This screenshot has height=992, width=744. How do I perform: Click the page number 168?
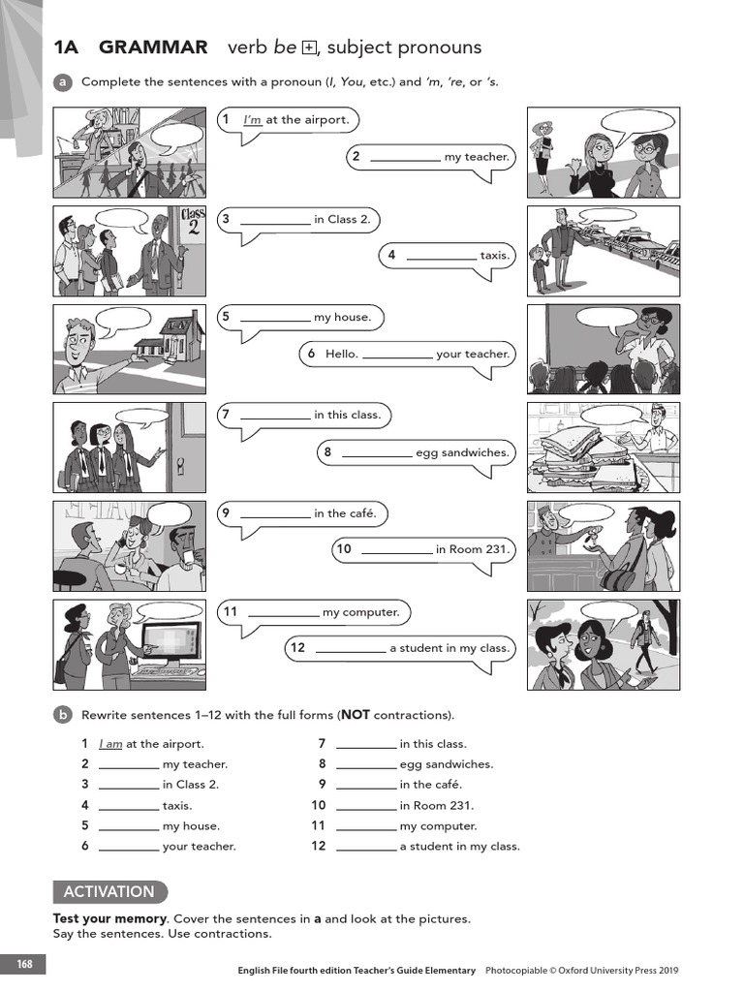click(x=23, y=965)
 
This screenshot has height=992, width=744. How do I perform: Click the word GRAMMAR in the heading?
click(x=153, y=47)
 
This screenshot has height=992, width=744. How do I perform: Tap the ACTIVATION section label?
click(x=108, y=892)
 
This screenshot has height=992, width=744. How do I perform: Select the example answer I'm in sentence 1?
click(x=252, y=120)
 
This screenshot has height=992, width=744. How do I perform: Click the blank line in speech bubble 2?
click(x=405, y=157)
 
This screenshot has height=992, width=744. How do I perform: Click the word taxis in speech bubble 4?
click(x=494, y=256)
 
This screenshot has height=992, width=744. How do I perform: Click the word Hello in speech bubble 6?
click(x=341, y=355)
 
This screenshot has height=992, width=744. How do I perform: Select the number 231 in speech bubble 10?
click(x=497, y=550)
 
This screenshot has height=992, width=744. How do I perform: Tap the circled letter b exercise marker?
click(x=63, y=715)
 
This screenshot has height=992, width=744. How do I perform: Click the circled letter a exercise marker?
click(x=63, y=82)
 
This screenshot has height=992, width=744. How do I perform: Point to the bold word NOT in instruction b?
click(x=356, y=716)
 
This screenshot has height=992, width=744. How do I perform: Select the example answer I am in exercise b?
click(x=110, y=744)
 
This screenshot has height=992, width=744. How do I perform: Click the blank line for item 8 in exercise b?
click(x=366, y=764)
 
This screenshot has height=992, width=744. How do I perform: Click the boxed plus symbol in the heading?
click(x=309, y=47)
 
